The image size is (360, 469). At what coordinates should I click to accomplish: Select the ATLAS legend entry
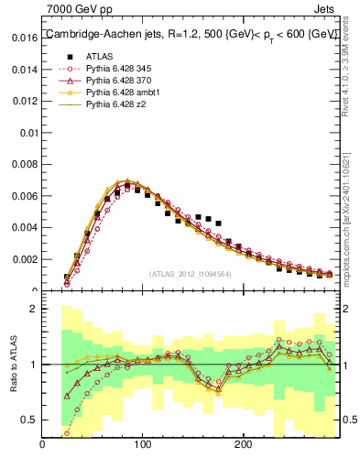pos(99,55)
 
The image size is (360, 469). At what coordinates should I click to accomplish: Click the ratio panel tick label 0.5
pos(28,420)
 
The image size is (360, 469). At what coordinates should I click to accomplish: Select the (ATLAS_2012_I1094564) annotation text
pos(191,273)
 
